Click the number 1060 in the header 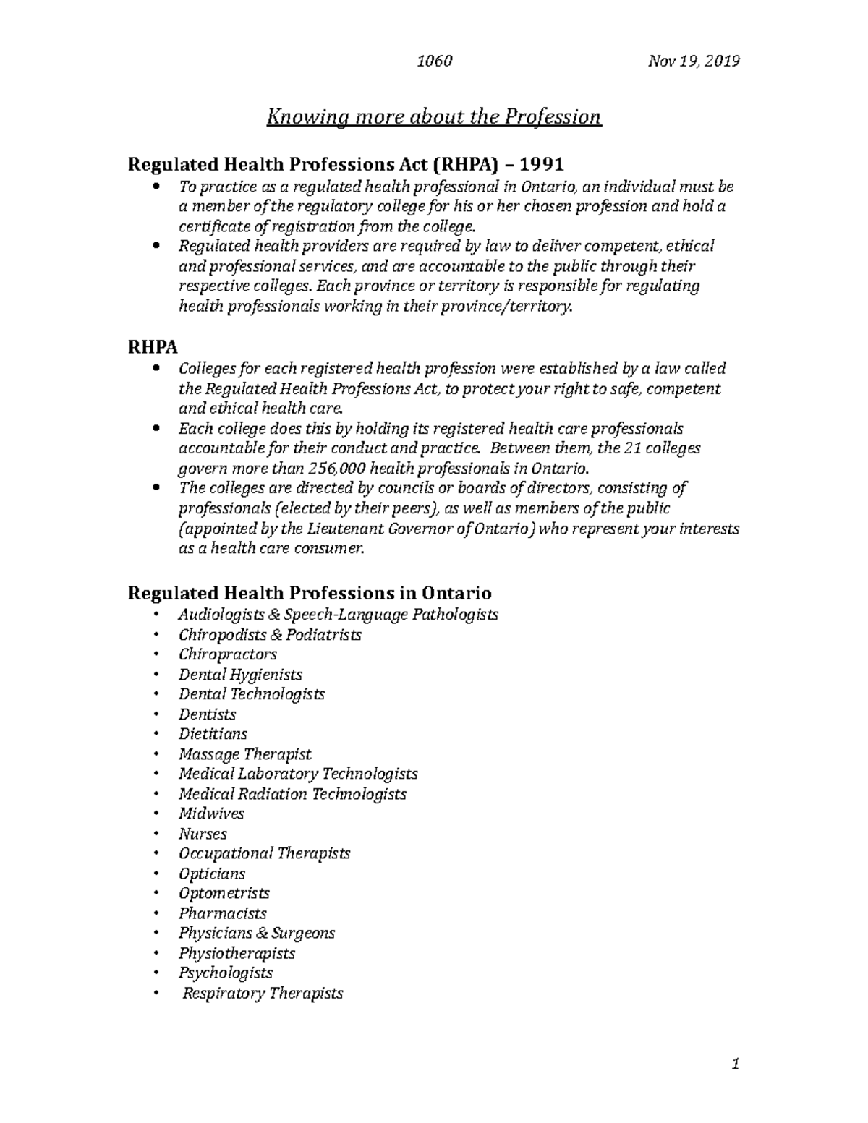click(435, 61)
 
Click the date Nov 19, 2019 click(694, 61)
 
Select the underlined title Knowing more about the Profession click(434, 116)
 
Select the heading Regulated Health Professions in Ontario click(310, 593)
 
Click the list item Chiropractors click(228, 654)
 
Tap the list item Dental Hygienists click(240, 675)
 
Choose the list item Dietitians click(213, 734)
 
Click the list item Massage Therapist click(244, 754)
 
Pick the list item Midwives click(211, 814)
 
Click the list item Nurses click(203, 834)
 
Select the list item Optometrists click(224, 893)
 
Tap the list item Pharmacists click(223, 913)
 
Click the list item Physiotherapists click(237, 953)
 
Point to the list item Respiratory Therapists click(262, 993)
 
